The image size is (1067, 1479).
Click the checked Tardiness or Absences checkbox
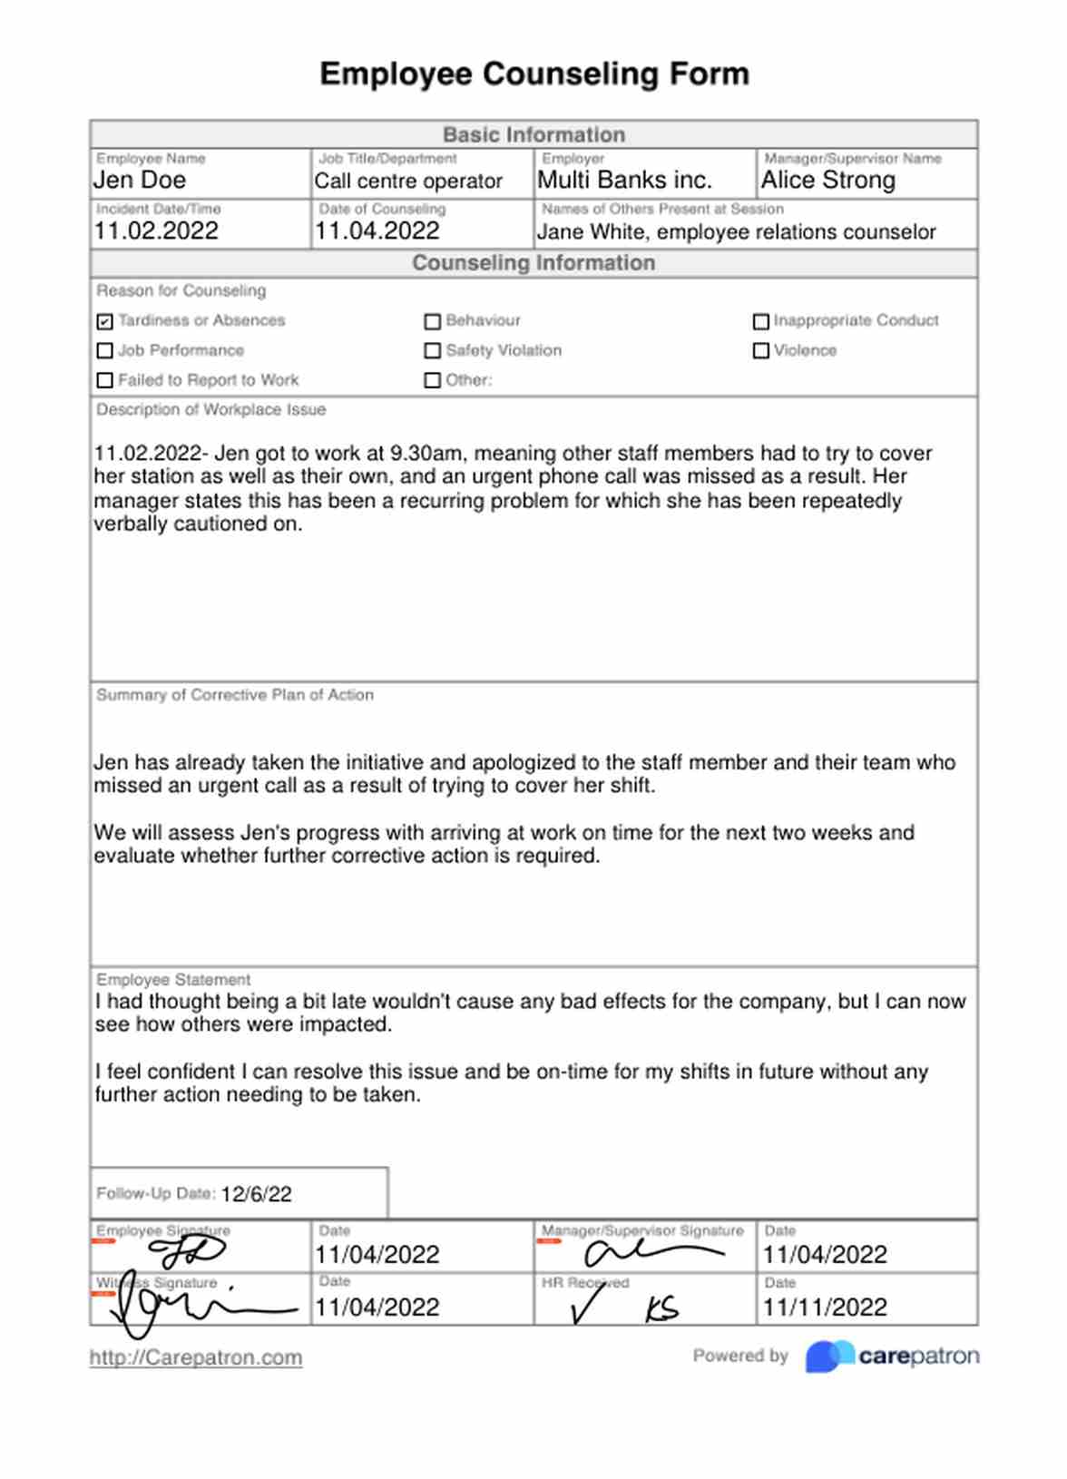[105, 321]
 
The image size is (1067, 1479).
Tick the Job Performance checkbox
[105, 351]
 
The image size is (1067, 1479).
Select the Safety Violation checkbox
[433, 351]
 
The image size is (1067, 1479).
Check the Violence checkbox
[761, 351]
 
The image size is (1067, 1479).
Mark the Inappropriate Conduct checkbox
[761, 321]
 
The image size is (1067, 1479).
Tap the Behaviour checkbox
[433, 321]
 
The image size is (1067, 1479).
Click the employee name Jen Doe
[140, 181]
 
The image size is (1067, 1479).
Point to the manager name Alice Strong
[828, 181]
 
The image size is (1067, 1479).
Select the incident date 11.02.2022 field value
[156, 231]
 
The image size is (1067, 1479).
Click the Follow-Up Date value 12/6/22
[256, 1194]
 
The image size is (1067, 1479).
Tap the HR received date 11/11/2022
[825, 1308]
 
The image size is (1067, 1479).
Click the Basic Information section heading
[533, 135]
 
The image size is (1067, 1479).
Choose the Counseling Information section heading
[533, 263]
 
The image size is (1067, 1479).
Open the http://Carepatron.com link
[196, 1358]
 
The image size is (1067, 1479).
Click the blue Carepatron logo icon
[829, 1357]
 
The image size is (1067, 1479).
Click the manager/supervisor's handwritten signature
[649, 1252]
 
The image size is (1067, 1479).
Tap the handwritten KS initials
[661, 1309]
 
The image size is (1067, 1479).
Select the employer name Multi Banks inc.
[624, 181]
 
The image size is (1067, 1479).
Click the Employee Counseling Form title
[534, 73]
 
